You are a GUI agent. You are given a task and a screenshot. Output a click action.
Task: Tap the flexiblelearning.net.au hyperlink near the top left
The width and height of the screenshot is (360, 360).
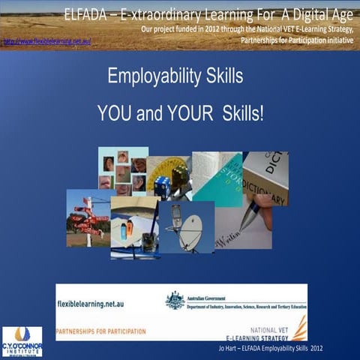(x=46, y=41)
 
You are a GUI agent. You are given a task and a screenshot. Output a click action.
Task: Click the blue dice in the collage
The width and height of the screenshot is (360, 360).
(x=161, y=185)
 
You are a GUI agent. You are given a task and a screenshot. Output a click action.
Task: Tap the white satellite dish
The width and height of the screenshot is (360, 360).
(x=190, y=232)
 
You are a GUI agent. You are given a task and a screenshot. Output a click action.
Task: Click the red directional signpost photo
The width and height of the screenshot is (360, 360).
(x=88, y=218)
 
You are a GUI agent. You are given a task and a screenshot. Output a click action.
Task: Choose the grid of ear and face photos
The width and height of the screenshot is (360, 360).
(x=123, y=171)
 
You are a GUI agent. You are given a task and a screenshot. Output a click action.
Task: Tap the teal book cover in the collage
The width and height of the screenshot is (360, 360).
(x=215, y=180)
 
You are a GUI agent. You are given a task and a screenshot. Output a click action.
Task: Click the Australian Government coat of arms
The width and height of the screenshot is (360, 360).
(x=175, y=301)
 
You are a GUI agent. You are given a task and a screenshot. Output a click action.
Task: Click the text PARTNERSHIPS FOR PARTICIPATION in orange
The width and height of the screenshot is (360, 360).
(x=103, y=327)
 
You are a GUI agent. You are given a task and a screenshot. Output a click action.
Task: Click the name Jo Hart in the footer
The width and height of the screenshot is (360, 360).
(x=226, y=350)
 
